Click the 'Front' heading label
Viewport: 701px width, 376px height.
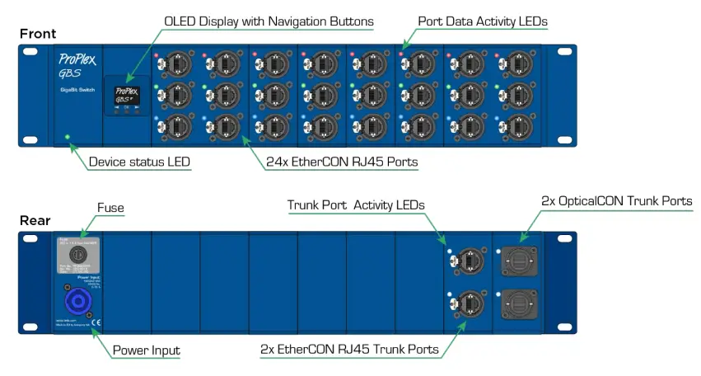[39, 34]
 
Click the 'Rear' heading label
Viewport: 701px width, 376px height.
[35, 221]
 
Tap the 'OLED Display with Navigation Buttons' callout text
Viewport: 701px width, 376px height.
[269, 21]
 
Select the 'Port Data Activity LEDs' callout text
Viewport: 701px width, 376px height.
[483, 21]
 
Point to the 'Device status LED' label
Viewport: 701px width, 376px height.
[139, 162]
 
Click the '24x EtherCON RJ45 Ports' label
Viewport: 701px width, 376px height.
[342, 162]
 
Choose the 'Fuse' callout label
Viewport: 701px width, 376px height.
[110, 208]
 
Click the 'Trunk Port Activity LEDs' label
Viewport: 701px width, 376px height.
[356, 204]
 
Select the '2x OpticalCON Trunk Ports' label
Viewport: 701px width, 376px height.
[616, 200]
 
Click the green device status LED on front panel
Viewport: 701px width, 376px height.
[68, 136]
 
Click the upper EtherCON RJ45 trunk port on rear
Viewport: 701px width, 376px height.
[465, 261]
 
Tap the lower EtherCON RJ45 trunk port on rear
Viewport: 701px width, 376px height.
[465, 304]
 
